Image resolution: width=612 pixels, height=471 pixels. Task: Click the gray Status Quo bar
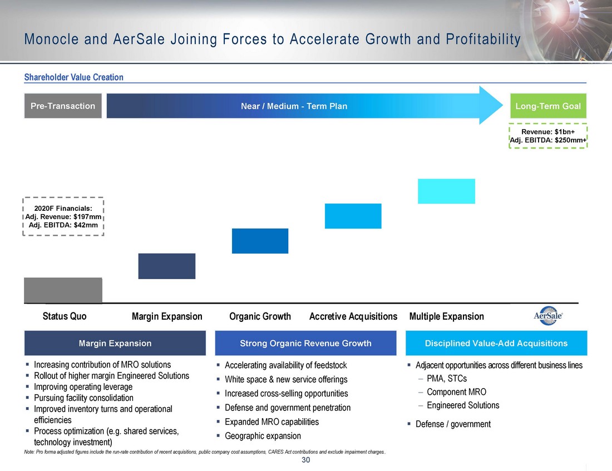[63, 290]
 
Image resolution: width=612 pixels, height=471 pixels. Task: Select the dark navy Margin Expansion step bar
[167, 266]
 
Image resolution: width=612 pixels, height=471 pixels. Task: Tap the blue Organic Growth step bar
[260, 241]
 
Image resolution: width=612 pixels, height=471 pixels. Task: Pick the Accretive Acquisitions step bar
[353, 216]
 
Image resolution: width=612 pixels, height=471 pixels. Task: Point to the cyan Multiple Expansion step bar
[447, 191]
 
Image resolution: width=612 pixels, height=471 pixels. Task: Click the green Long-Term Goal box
[549, 106]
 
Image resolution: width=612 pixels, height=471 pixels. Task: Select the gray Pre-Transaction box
[63, 106]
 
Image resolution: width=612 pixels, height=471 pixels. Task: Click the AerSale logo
[549, 316]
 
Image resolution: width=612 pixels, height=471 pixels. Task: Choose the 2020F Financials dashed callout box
[63, 216]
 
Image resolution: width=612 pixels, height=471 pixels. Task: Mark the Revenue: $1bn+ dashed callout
[549, 136]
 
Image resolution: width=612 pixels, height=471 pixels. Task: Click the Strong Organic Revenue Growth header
[305, 343]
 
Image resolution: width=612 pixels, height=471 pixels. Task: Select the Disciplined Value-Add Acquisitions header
[496, 343]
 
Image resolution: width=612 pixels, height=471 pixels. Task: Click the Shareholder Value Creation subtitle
[74, 77]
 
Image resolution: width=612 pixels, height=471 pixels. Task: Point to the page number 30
[305, 460]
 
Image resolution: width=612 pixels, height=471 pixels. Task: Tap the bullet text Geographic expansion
[263, 436]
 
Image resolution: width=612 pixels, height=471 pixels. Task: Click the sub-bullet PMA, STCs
[447, 379]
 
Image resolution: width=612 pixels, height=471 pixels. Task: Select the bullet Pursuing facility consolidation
[83, 398]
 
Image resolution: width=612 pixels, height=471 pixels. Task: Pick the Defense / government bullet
[453, 424]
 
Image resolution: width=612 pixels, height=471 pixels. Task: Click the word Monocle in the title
[52, 39]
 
